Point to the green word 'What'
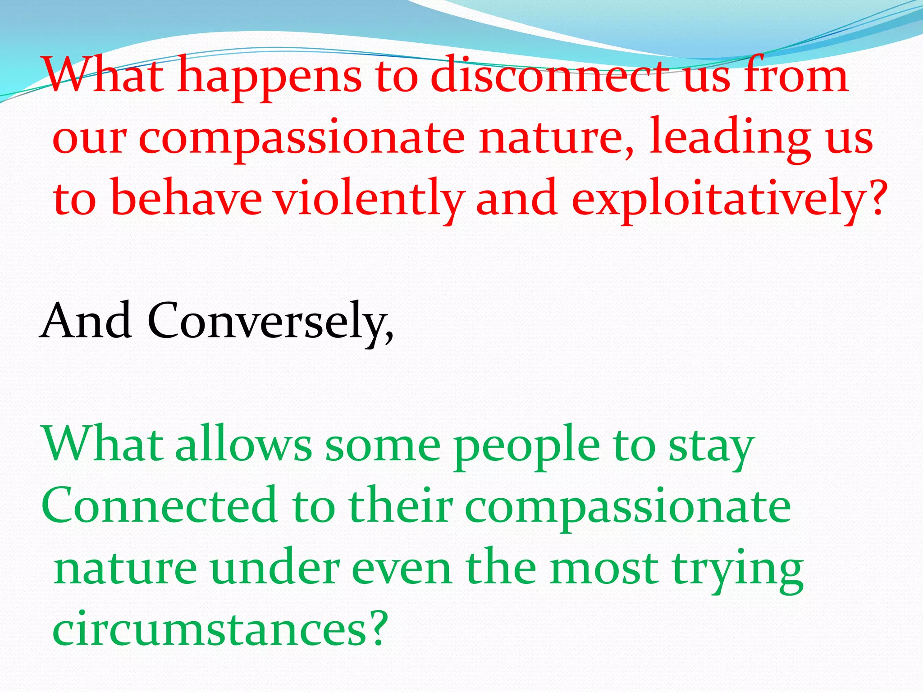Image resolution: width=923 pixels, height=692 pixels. pos(102,444)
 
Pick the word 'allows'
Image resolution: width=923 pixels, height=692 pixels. pos(243,444)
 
